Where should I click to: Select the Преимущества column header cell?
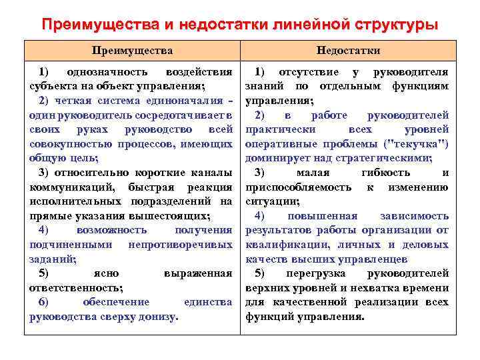pyautogui.click(x=132, y=51)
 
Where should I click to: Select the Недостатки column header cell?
pyautogui.click(x=348, y=51)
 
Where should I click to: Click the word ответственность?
pyautogui.click(x=75, y=288)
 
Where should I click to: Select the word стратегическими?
pyautogui.click(x=385, y=158)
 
